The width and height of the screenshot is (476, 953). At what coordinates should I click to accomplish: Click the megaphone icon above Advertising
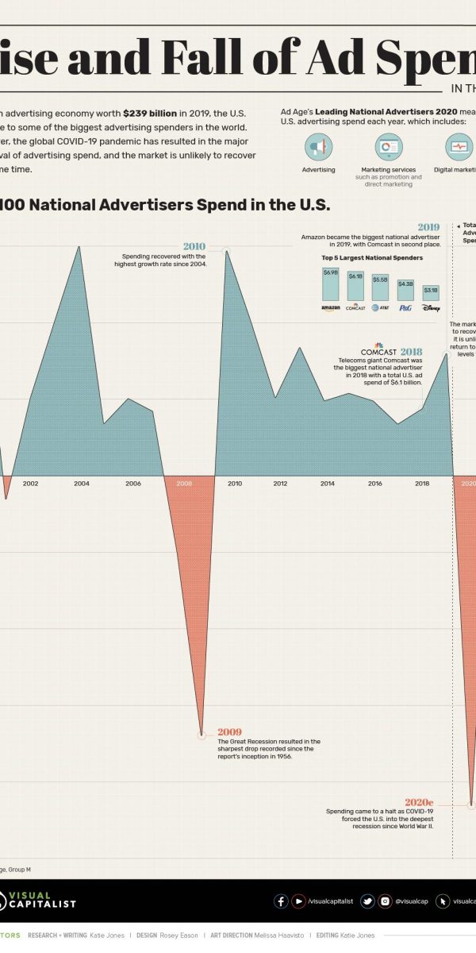pos(318,147)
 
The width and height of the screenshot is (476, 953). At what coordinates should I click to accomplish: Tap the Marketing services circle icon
pos(389,147)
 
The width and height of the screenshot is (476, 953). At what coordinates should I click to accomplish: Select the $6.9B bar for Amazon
pos(330,284)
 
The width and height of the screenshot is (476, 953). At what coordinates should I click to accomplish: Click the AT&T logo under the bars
pos(380,307)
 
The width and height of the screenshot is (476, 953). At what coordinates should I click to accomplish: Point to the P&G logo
pos(405,307)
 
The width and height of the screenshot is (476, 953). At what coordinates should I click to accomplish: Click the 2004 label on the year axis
pos(82,483)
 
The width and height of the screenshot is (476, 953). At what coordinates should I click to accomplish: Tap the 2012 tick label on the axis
pos(280,483)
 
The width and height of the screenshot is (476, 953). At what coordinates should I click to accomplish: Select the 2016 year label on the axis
pos(374,483)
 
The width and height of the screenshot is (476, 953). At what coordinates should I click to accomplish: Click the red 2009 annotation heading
pos(229,731)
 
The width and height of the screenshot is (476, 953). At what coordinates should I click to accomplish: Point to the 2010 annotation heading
pos(194,246)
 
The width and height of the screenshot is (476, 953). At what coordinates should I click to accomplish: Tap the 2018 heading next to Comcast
pos(411,351)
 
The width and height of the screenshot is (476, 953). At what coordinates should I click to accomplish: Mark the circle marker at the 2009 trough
pos(202,735)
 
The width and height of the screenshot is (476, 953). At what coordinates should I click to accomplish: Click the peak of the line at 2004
pos(79,246)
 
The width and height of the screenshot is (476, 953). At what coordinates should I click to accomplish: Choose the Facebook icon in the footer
pos(281,901)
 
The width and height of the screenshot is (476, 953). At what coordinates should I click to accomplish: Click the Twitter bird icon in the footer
pos(367,901)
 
